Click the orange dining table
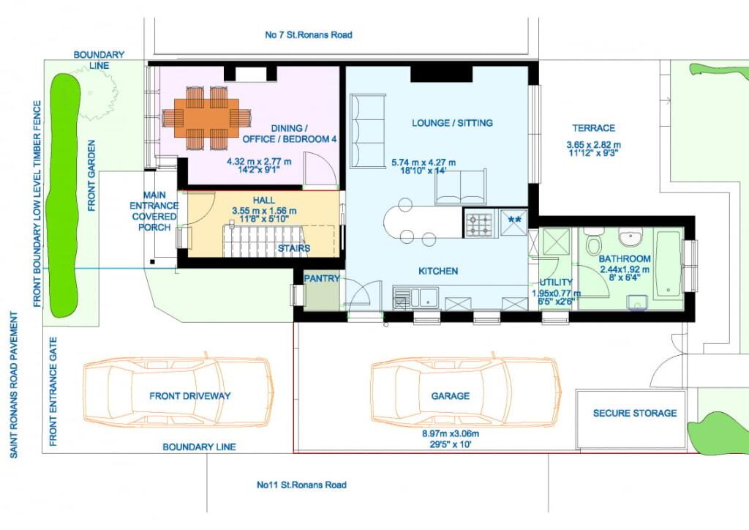point(206,118)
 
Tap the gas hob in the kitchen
point(479,224)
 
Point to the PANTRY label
point(322,278)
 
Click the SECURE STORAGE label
point(635,413)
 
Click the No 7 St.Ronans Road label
point(309,35)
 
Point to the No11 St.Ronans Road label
point(301,485)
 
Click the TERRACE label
point(594,128)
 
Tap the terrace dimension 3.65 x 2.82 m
point(594,144)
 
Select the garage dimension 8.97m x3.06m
point(451,434)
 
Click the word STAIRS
point(294,248)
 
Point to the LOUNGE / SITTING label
point(452,123)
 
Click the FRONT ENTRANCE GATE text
point(53,392)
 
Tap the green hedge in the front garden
point(64,195)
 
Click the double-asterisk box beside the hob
point(514,223)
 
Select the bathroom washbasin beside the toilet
point(631,236)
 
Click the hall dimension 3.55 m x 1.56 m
point(264,211)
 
